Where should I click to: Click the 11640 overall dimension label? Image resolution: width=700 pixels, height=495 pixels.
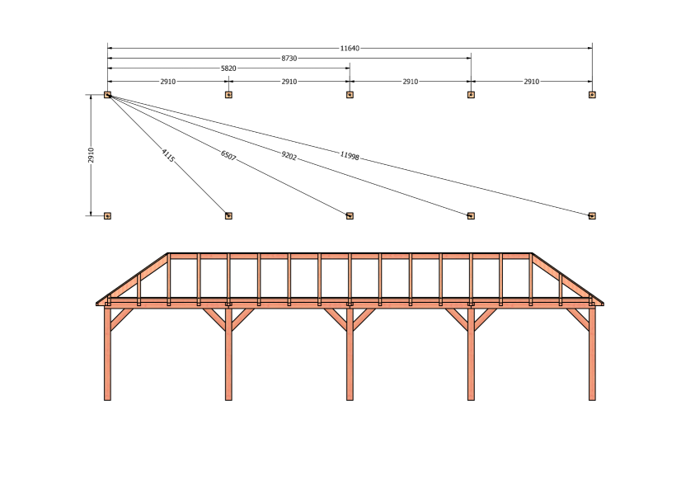(x=350, y=48)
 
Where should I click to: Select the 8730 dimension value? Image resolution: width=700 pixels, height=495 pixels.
(x=289, y=58)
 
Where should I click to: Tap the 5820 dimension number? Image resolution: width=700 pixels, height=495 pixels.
(x=228, y=68)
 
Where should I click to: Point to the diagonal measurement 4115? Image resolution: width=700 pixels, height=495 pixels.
(x=168, y=155)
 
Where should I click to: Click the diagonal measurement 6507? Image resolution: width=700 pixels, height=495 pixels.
(x=228, y=155)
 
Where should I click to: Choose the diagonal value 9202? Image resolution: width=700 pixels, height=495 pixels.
(x=289, y=155)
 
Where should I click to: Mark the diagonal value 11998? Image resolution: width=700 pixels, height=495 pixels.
(x=350, y=155)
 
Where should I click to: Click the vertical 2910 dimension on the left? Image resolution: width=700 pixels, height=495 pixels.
(x=91, y=155)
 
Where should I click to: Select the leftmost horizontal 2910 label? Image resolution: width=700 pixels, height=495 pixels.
(x=168, y=82)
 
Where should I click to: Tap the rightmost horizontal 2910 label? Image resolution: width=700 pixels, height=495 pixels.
(x=531, y=82)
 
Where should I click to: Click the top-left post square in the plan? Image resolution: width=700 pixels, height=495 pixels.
(x=107, y=95)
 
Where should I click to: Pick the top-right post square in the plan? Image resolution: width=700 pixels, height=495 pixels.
(x=592, y=95)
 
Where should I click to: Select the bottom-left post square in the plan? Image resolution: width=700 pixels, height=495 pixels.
(x=107, y=216)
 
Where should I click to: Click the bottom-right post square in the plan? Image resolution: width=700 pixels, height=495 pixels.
(x=592, y=216)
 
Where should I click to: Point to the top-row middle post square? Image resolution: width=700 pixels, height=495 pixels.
(x=350, y=95)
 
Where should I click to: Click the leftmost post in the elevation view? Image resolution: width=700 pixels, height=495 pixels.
(x=107, y=353)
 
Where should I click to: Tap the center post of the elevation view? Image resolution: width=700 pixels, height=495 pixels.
(x=350, y=353)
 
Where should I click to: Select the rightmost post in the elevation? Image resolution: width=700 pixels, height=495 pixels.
(x=592, y=353)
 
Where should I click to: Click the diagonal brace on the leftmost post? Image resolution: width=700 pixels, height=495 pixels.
(x=121, y=319)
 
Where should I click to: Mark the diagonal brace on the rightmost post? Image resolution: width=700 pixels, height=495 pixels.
(x=578, y=319)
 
